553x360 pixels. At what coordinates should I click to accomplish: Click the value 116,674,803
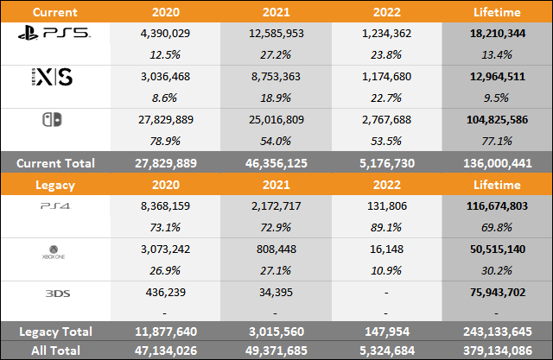(497, 205)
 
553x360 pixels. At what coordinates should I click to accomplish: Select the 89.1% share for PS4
(386, 227)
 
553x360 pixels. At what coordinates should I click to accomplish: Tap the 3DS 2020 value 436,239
(165, 291)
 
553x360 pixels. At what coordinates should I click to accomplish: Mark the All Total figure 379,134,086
(497, 350)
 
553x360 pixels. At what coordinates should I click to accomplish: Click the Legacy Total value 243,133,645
(497, 332)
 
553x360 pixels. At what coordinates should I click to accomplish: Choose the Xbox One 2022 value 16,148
(386, 248)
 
